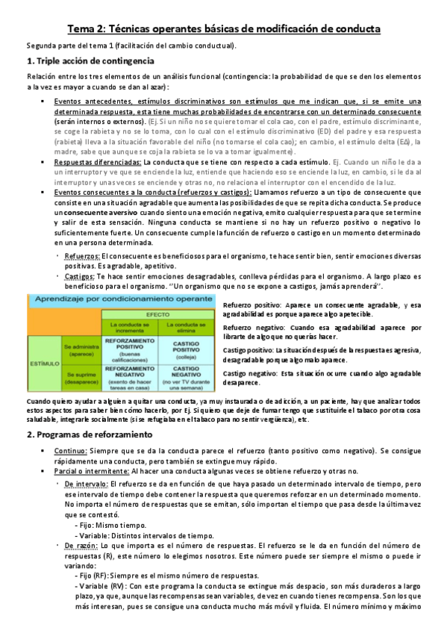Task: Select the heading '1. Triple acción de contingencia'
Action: pos(90,60)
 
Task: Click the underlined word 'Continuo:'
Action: pos(71,452)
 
